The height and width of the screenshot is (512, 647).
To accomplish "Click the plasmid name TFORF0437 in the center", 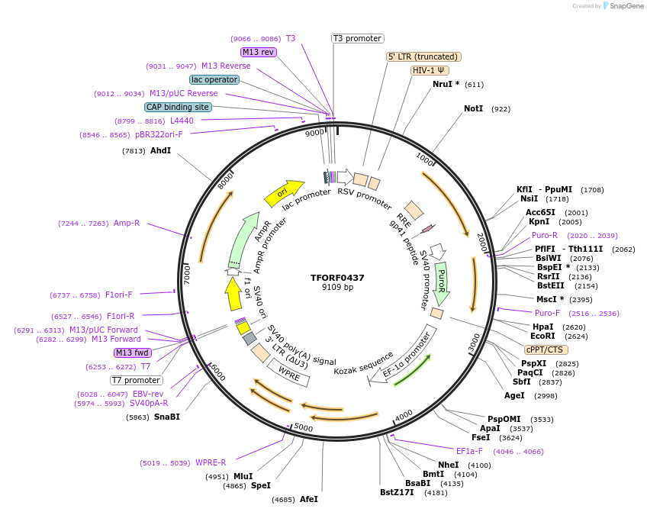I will click(337, 278).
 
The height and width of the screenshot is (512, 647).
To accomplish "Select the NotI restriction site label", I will click(473, 109).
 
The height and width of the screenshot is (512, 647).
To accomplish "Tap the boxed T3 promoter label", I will click(357, 38).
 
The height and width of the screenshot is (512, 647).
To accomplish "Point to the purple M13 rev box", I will click(258, 52).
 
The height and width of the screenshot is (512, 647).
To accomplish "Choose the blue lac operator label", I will click(214, 79).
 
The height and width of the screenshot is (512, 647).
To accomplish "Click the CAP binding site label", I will click(177, 108).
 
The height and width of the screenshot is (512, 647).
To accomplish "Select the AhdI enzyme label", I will click(160, 151).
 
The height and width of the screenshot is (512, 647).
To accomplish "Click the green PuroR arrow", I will click(441, 283).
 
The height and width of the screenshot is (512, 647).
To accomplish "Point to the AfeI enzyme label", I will click(308, 499).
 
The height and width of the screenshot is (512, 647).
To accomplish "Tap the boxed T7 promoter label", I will click(137, 380).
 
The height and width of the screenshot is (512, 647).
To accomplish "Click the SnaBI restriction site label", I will click(166, 417).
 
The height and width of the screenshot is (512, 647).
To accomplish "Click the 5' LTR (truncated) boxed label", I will click(423, 56).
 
